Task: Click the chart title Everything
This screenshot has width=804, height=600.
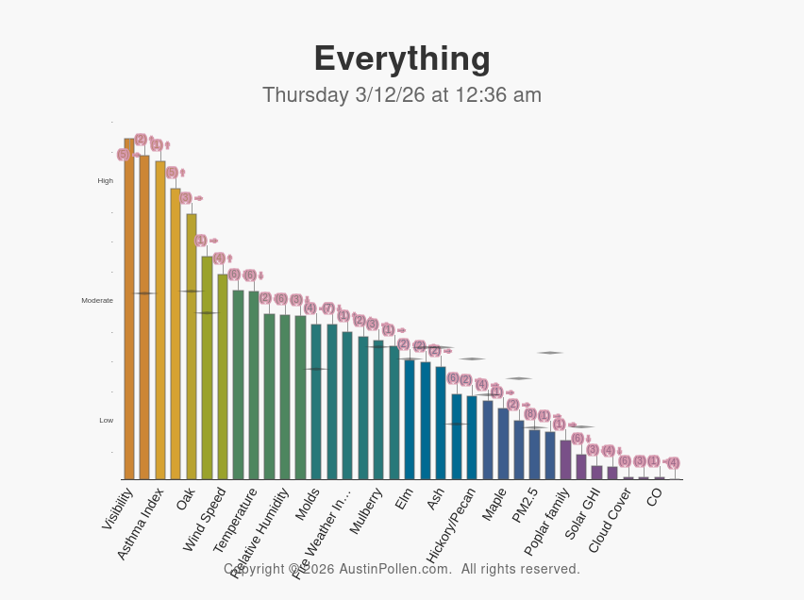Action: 402,58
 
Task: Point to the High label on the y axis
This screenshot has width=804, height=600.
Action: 106,180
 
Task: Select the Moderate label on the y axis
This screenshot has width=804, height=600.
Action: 97,300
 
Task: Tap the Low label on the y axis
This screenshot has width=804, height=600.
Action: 107,420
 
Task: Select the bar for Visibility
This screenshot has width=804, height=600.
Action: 129,311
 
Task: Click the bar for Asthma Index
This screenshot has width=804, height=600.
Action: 160,321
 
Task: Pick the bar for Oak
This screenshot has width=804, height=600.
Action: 192,349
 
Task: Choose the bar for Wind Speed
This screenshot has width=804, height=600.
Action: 223,377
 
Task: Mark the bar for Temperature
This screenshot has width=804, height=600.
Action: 254,387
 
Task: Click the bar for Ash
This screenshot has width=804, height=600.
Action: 441,425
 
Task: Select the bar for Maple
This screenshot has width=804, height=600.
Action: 503,444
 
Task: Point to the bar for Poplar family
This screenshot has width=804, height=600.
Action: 565,460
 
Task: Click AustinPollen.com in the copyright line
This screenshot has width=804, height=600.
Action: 394,569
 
